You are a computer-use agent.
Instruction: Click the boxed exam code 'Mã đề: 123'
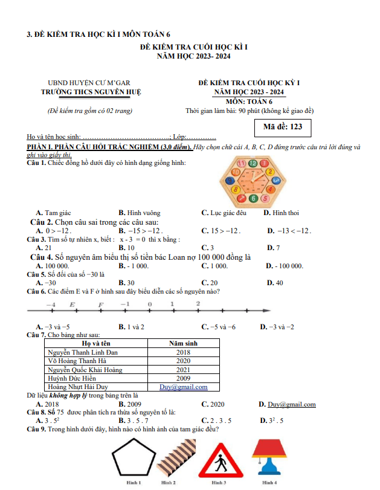279,127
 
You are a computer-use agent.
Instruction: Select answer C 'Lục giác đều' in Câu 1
224,213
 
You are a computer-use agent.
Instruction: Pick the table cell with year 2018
184,352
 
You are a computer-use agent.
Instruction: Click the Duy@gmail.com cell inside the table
183,387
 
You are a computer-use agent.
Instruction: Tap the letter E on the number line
72,304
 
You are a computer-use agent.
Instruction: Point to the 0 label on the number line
149,304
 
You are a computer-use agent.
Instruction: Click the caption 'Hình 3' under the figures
219,483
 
